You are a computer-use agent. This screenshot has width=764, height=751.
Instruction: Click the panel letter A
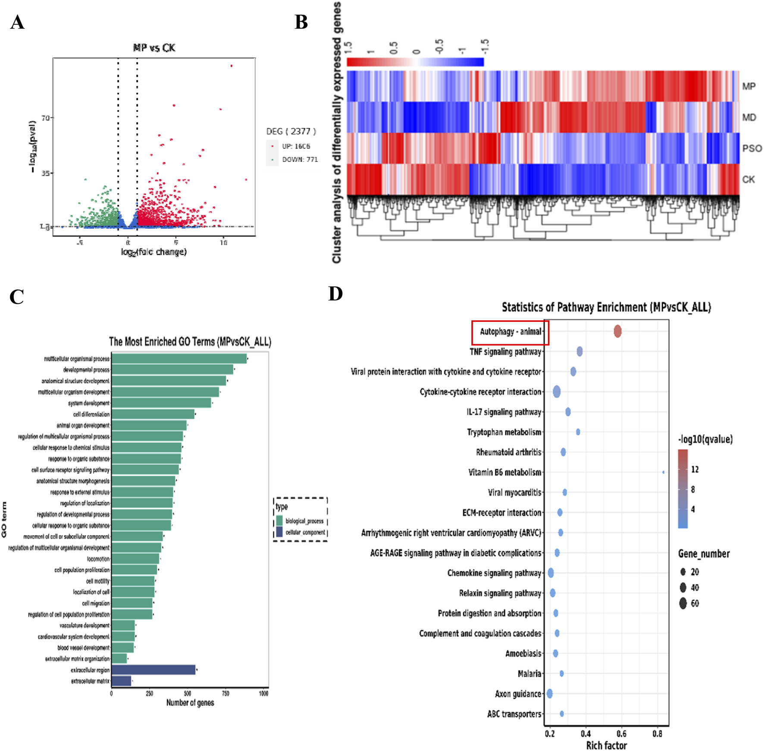(x=17, y=22)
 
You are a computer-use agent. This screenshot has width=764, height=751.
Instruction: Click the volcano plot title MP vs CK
(x=154, y=48)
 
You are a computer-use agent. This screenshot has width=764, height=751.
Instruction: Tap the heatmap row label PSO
(x=751, y=148)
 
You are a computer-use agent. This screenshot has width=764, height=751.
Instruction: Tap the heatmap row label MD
(x=749, y=117)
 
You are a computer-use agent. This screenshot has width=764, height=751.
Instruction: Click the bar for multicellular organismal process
(x=179, y=359)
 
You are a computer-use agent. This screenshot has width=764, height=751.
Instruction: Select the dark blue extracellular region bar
(x=153, y=670)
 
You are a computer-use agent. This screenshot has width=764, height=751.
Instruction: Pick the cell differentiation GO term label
(x=91, y=414)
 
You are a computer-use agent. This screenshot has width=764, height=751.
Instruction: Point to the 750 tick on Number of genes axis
(x=225, y=694)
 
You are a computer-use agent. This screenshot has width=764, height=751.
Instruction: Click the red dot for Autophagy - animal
(x=617, y=331)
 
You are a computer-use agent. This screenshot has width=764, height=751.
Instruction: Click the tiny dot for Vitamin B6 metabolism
(x=663, y=472)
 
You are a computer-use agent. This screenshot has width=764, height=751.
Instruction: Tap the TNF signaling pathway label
(x=505, y=352)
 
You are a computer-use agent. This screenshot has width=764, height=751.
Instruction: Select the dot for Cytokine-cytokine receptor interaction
(x=557, y=392)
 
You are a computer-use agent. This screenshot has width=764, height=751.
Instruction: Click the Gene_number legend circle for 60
(x=683, y=603)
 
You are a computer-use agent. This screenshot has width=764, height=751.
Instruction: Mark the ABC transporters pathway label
(x=514, y=714)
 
